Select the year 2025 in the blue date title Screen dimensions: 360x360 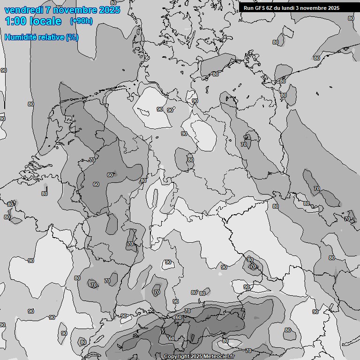point(110,10)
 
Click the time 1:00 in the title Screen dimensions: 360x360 point(15,21)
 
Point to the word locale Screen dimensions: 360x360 point(45,21)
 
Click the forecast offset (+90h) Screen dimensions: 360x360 point(81,21)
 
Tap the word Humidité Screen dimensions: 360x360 point(19,37)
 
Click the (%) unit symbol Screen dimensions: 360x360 point(72,37)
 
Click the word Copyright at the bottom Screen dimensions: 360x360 point(177,356)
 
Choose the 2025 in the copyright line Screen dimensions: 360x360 point(197,356)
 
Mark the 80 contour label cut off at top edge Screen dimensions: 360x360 point(113,2)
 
